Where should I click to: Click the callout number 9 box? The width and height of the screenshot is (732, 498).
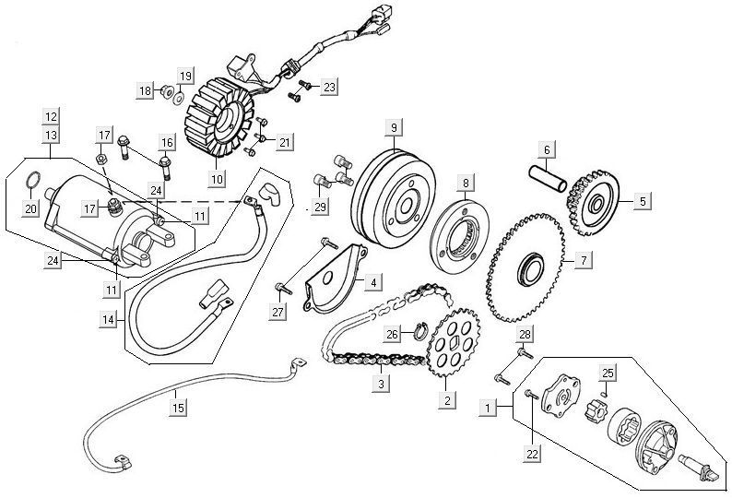(x=393, y=126)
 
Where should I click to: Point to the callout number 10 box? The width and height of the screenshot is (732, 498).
(x=218, y=179)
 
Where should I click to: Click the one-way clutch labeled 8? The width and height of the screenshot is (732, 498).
(x=466, y=231)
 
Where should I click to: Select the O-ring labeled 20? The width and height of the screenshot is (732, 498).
(x=31, y=179)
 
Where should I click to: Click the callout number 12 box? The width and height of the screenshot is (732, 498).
(x=50, y=117)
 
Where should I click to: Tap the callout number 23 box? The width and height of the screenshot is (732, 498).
(x=329, y=87)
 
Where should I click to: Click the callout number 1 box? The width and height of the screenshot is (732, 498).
(x=488, y=404)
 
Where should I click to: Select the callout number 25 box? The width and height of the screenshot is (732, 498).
(x=607, y=373)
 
